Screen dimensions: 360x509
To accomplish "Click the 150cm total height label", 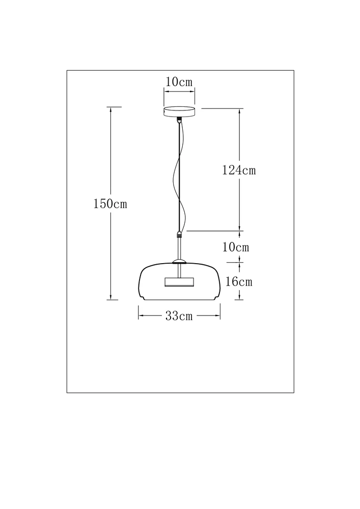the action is pos(110,204).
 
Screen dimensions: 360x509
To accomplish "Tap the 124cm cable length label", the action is pos(239,170).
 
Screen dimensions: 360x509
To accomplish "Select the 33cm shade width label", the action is pos(179,316).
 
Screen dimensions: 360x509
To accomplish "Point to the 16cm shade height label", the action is pos(239,281).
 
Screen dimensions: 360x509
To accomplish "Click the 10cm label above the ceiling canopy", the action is pos(179,82).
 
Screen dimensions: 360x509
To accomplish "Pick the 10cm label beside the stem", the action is pos(236,247).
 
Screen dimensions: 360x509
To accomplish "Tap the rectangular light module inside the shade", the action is pos(179,282).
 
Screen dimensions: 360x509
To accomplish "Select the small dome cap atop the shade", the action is pos(179,262).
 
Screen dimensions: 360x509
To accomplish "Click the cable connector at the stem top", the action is pos(179,234).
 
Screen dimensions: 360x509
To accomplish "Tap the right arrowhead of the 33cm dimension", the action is pos(218,315).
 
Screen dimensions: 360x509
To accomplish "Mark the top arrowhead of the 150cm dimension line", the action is pos(111,110).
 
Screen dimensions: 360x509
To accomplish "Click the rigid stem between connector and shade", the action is pos(179,249).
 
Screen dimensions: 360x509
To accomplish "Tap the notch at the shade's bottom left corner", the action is pos(142,297).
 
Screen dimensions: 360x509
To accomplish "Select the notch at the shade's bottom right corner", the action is pos(216,297).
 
